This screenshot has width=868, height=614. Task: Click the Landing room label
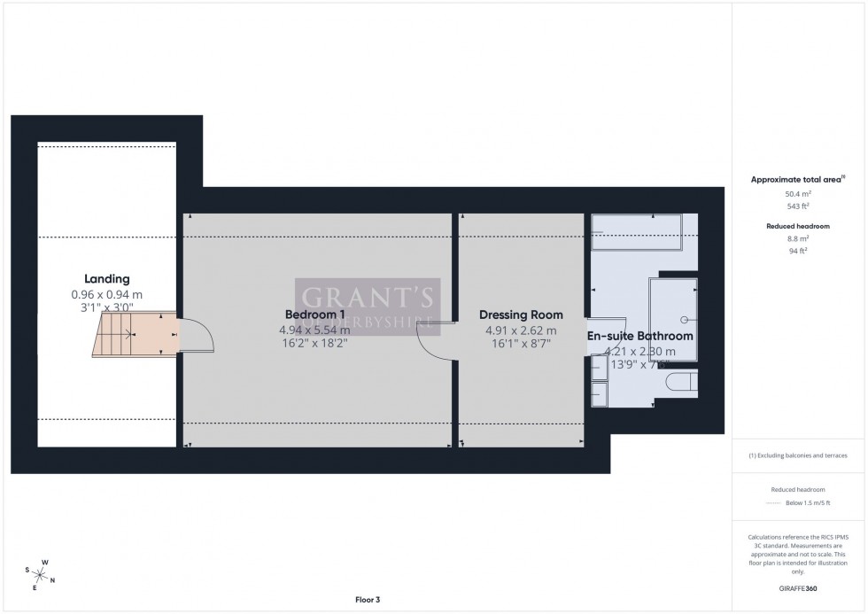coord(106,278)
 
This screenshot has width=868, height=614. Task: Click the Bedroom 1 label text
coord(314,315)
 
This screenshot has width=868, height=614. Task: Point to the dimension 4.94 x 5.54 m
coord(314,330)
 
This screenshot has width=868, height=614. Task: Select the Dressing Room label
coord(521,315)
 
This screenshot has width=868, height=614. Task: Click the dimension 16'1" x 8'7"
coord(521,344)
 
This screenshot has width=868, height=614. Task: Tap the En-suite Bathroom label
coord(639,337)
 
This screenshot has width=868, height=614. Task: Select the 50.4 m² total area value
coord(798,193)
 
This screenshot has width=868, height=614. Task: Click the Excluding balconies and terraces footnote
coord(798,455)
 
